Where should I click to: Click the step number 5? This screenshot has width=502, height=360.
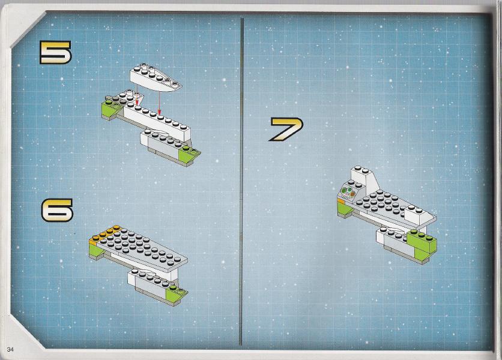[55, 52]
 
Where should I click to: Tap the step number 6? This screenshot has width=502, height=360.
[57, 210]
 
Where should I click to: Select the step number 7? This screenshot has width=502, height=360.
[286, 129]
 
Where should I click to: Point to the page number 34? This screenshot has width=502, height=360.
[10, 349]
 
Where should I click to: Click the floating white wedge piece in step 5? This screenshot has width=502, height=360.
[156, 78]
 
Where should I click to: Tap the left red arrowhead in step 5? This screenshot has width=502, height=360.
[137, 103]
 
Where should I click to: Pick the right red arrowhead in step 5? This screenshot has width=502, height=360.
[159, 112]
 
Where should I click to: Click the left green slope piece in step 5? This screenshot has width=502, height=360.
[110, 109]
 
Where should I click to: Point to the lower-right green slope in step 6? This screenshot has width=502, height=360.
[177, 291]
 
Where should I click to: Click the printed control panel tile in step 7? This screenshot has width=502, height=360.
[348, 194]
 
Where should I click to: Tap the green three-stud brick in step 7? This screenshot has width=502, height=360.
[422, 241]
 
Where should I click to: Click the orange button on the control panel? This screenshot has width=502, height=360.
[352, 194]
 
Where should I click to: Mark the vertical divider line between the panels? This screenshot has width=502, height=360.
[242, 181]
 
